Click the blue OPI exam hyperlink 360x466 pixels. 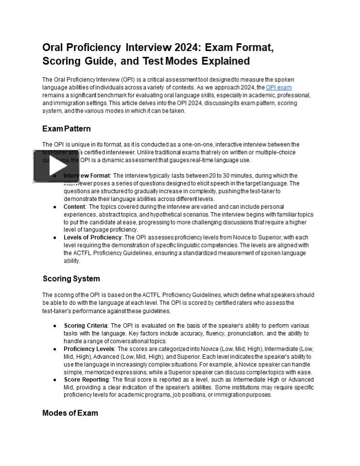278,87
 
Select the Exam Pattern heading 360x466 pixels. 67,129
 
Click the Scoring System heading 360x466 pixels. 71,279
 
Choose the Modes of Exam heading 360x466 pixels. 70,413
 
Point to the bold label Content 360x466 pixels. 74,206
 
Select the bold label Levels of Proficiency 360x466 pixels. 92,237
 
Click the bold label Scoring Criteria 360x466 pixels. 86,326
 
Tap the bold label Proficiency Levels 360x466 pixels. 89,349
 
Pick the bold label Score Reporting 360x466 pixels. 86,380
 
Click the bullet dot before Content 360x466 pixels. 55,207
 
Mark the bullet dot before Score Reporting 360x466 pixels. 55,380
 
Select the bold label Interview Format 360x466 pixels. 86,175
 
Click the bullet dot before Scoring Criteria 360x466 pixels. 55,326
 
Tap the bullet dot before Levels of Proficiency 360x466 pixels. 55,238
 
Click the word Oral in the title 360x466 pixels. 54,48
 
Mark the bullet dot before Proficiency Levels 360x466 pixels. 55,349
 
